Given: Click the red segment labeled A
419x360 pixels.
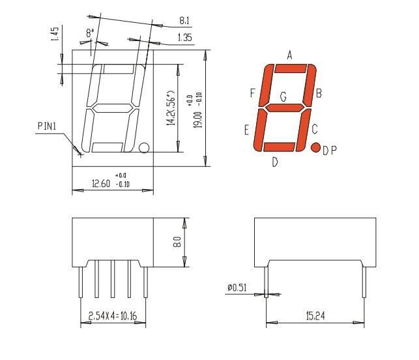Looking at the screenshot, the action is [x=291, y=68].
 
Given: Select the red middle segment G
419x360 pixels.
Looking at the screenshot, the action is [x=285, y=108].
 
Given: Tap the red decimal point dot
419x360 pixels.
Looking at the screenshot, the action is [x=316, y=147].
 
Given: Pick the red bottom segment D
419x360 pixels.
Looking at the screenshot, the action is [x=279, y=147].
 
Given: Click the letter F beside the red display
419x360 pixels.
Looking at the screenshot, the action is [x=253, y=93].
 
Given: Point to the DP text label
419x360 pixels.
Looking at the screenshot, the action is [x=330, y=151].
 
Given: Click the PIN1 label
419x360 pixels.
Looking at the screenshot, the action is [x=47, y=126].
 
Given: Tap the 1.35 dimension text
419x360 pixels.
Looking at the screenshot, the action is [x=185, y=37].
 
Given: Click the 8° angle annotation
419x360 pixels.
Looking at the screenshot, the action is [x=90, y=33].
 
